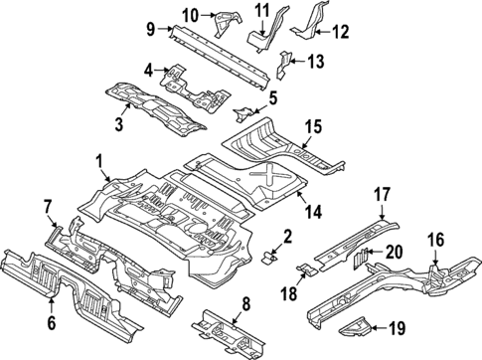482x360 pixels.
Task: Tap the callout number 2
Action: [x=288, y=236]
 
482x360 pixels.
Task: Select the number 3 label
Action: [x=119, y=123]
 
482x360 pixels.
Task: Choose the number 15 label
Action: [x=314, y=125]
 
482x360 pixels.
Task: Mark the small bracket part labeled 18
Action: [x=309, y=268]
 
